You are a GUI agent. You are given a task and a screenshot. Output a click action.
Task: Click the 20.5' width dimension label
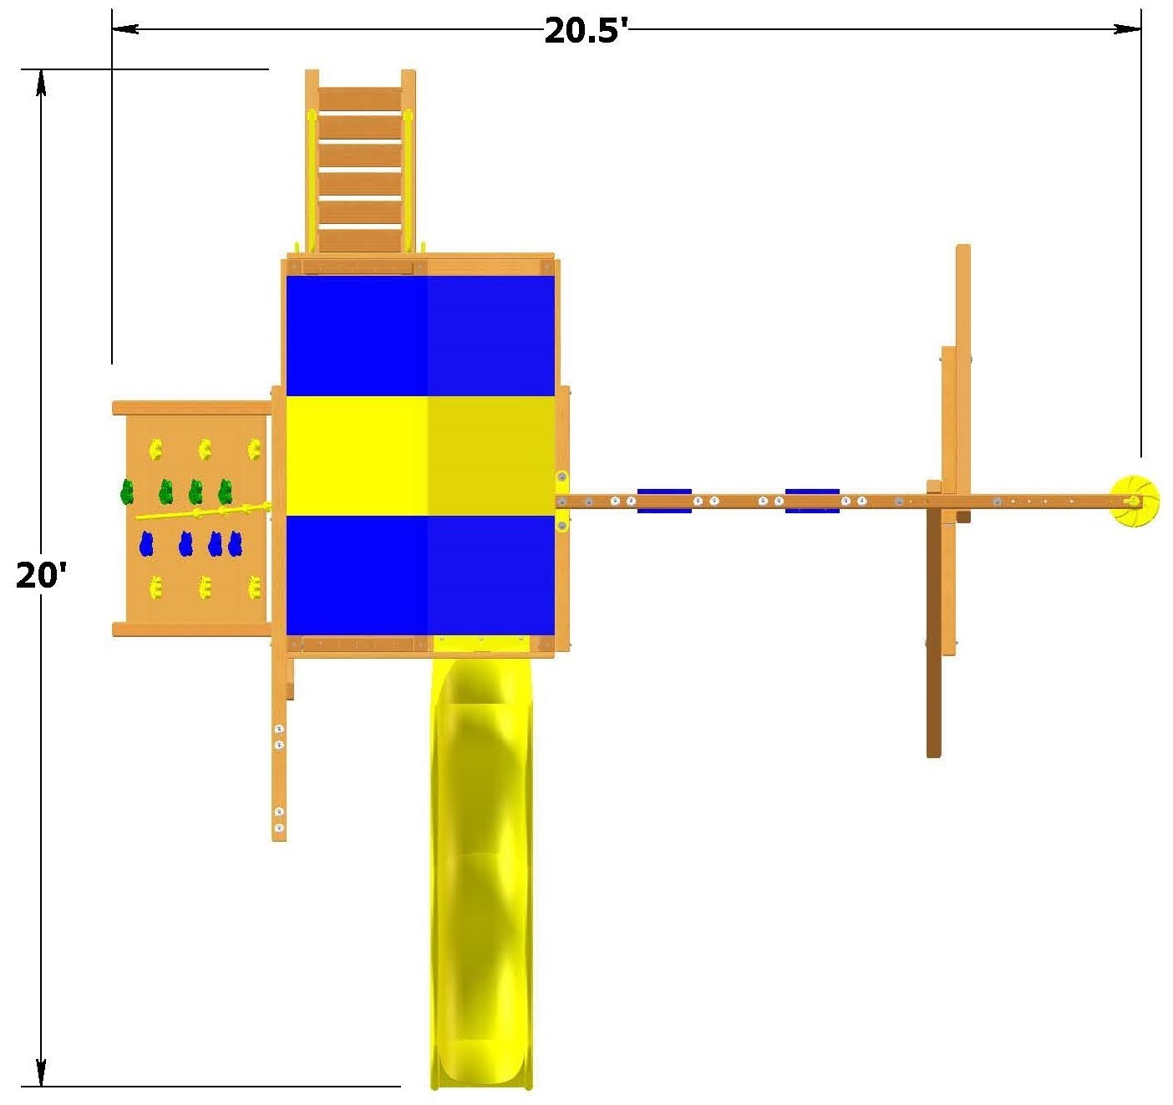[x=585, y=30]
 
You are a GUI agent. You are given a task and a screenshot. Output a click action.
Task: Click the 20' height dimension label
[x=41, y=574]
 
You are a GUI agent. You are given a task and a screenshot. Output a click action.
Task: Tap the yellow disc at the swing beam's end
[x=1134, y=501]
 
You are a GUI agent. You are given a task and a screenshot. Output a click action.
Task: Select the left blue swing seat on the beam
[x=664, y=501]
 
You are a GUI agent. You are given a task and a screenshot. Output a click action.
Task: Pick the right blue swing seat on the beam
[x=811, y=501]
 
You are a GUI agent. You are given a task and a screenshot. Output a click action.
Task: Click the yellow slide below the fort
[x=481, y=872]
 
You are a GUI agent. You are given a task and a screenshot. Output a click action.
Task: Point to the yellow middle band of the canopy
[x=420, y=456]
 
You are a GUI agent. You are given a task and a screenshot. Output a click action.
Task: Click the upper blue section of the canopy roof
[x=420, y=336]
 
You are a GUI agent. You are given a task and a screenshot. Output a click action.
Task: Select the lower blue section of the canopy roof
[x=420, y=576]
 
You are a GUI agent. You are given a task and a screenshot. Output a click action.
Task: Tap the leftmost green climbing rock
[x=127, y=491]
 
